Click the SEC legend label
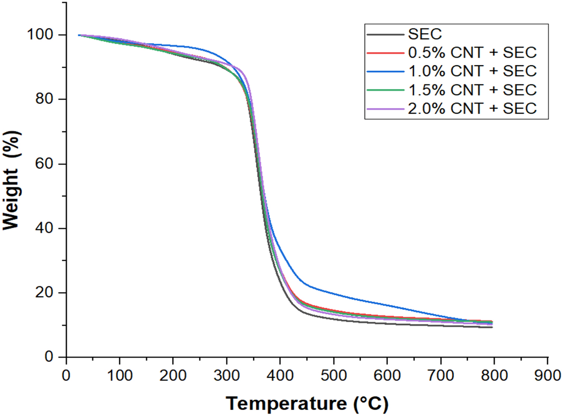[425, 34]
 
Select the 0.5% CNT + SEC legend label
[472, 53]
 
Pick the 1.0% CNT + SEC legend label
[472, 71]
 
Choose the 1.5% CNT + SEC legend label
[472, 90]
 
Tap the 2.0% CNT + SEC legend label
[472, 109]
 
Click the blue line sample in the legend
[385, 71]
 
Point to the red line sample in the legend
[385, 53]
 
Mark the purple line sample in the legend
[385, 109]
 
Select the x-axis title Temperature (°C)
[307, 404]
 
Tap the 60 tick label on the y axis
[44, 164]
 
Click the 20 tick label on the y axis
[44, 292]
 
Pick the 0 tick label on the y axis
[49, 356]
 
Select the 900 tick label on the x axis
[548, 375]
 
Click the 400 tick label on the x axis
[280, 375]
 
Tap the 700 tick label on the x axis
[440, 375]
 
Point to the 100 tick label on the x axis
[120, 375]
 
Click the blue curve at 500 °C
[334, 294]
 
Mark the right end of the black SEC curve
[492, 327]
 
